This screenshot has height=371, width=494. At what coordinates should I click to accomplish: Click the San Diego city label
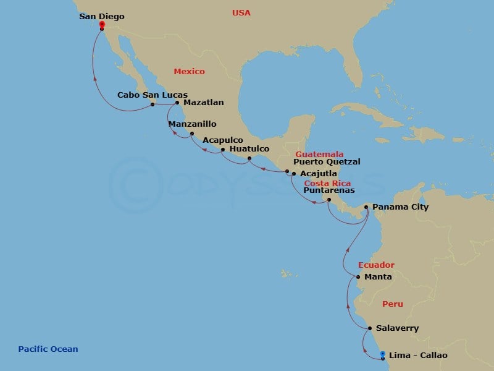(x=102, y=17)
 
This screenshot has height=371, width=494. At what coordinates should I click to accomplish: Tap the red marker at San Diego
(x=102, y=25)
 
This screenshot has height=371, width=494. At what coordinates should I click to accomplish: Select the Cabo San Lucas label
(x=143, y=95)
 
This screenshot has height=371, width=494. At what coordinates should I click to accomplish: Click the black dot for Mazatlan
(x=177, y=103)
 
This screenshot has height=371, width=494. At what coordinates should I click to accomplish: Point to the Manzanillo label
(x=193, y=124)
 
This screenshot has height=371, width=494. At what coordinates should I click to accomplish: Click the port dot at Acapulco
(x=222, y=150)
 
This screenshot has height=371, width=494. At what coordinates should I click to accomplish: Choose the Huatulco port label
(x=249, y=149)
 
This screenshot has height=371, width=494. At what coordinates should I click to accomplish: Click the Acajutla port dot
(x=293, y=174)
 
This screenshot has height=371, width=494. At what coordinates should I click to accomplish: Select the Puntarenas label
(x=329, y=190)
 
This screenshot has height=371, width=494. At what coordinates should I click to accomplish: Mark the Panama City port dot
(x=366, y=207)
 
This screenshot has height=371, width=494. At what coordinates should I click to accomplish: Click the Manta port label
(x=378, y=277)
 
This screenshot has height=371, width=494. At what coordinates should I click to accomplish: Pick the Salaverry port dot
(x=369, y=328)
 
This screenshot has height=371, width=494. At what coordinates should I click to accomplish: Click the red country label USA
(x=241, y=13)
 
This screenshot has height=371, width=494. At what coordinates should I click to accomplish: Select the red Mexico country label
(x=189, y=72)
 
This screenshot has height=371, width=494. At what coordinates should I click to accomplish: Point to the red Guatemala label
(x=319, y=154)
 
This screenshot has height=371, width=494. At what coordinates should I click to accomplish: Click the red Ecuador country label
(x=376, y=265)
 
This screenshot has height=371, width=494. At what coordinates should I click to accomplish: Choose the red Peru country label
(x=393, y=304)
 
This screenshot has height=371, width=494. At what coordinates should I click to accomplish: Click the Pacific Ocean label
(x=48, y=349)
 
